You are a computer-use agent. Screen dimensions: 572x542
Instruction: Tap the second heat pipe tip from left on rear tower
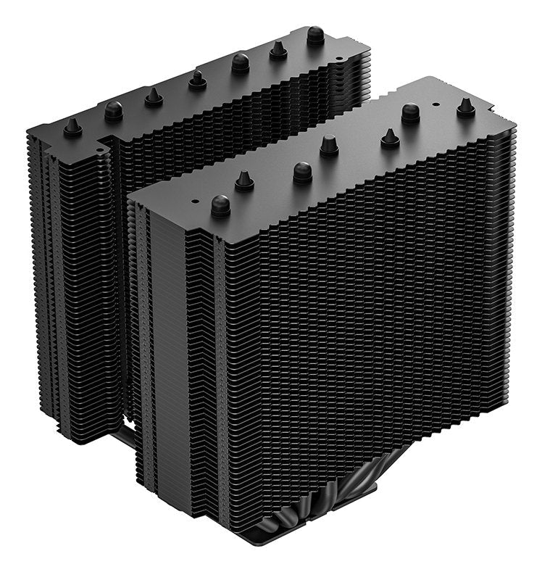pos(114,110)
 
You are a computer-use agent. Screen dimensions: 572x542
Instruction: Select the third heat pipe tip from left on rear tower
pos(154,96)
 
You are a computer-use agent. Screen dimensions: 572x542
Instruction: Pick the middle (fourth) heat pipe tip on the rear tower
pos(197,79)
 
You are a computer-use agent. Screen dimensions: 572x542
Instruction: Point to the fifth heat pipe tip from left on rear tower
pos(241,62)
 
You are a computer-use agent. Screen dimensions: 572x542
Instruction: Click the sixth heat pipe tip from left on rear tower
pos(278,49)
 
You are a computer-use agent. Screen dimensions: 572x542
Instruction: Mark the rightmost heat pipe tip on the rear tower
pos(315,35)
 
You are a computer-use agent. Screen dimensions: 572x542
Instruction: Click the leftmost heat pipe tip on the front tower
pos(221,205)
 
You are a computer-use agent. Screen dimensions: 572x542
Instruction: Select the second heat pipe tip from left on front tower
pos(244,181)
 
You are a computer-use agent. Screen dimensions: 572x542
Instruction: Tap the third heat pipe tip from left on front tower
pos(303,172)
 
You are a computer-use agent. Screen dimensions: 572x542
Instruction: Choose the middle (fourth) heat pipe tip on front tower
pos(329,145)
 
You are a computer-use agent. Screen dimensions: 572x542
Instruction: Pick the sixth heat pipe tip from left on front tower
pos(411,112)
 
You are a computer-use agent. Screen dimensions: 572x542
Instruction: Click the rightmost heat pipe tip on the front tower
pos(466,107)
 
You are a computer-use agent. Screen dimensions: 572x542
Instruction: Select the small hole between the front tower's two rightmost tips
pos(436,104)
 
